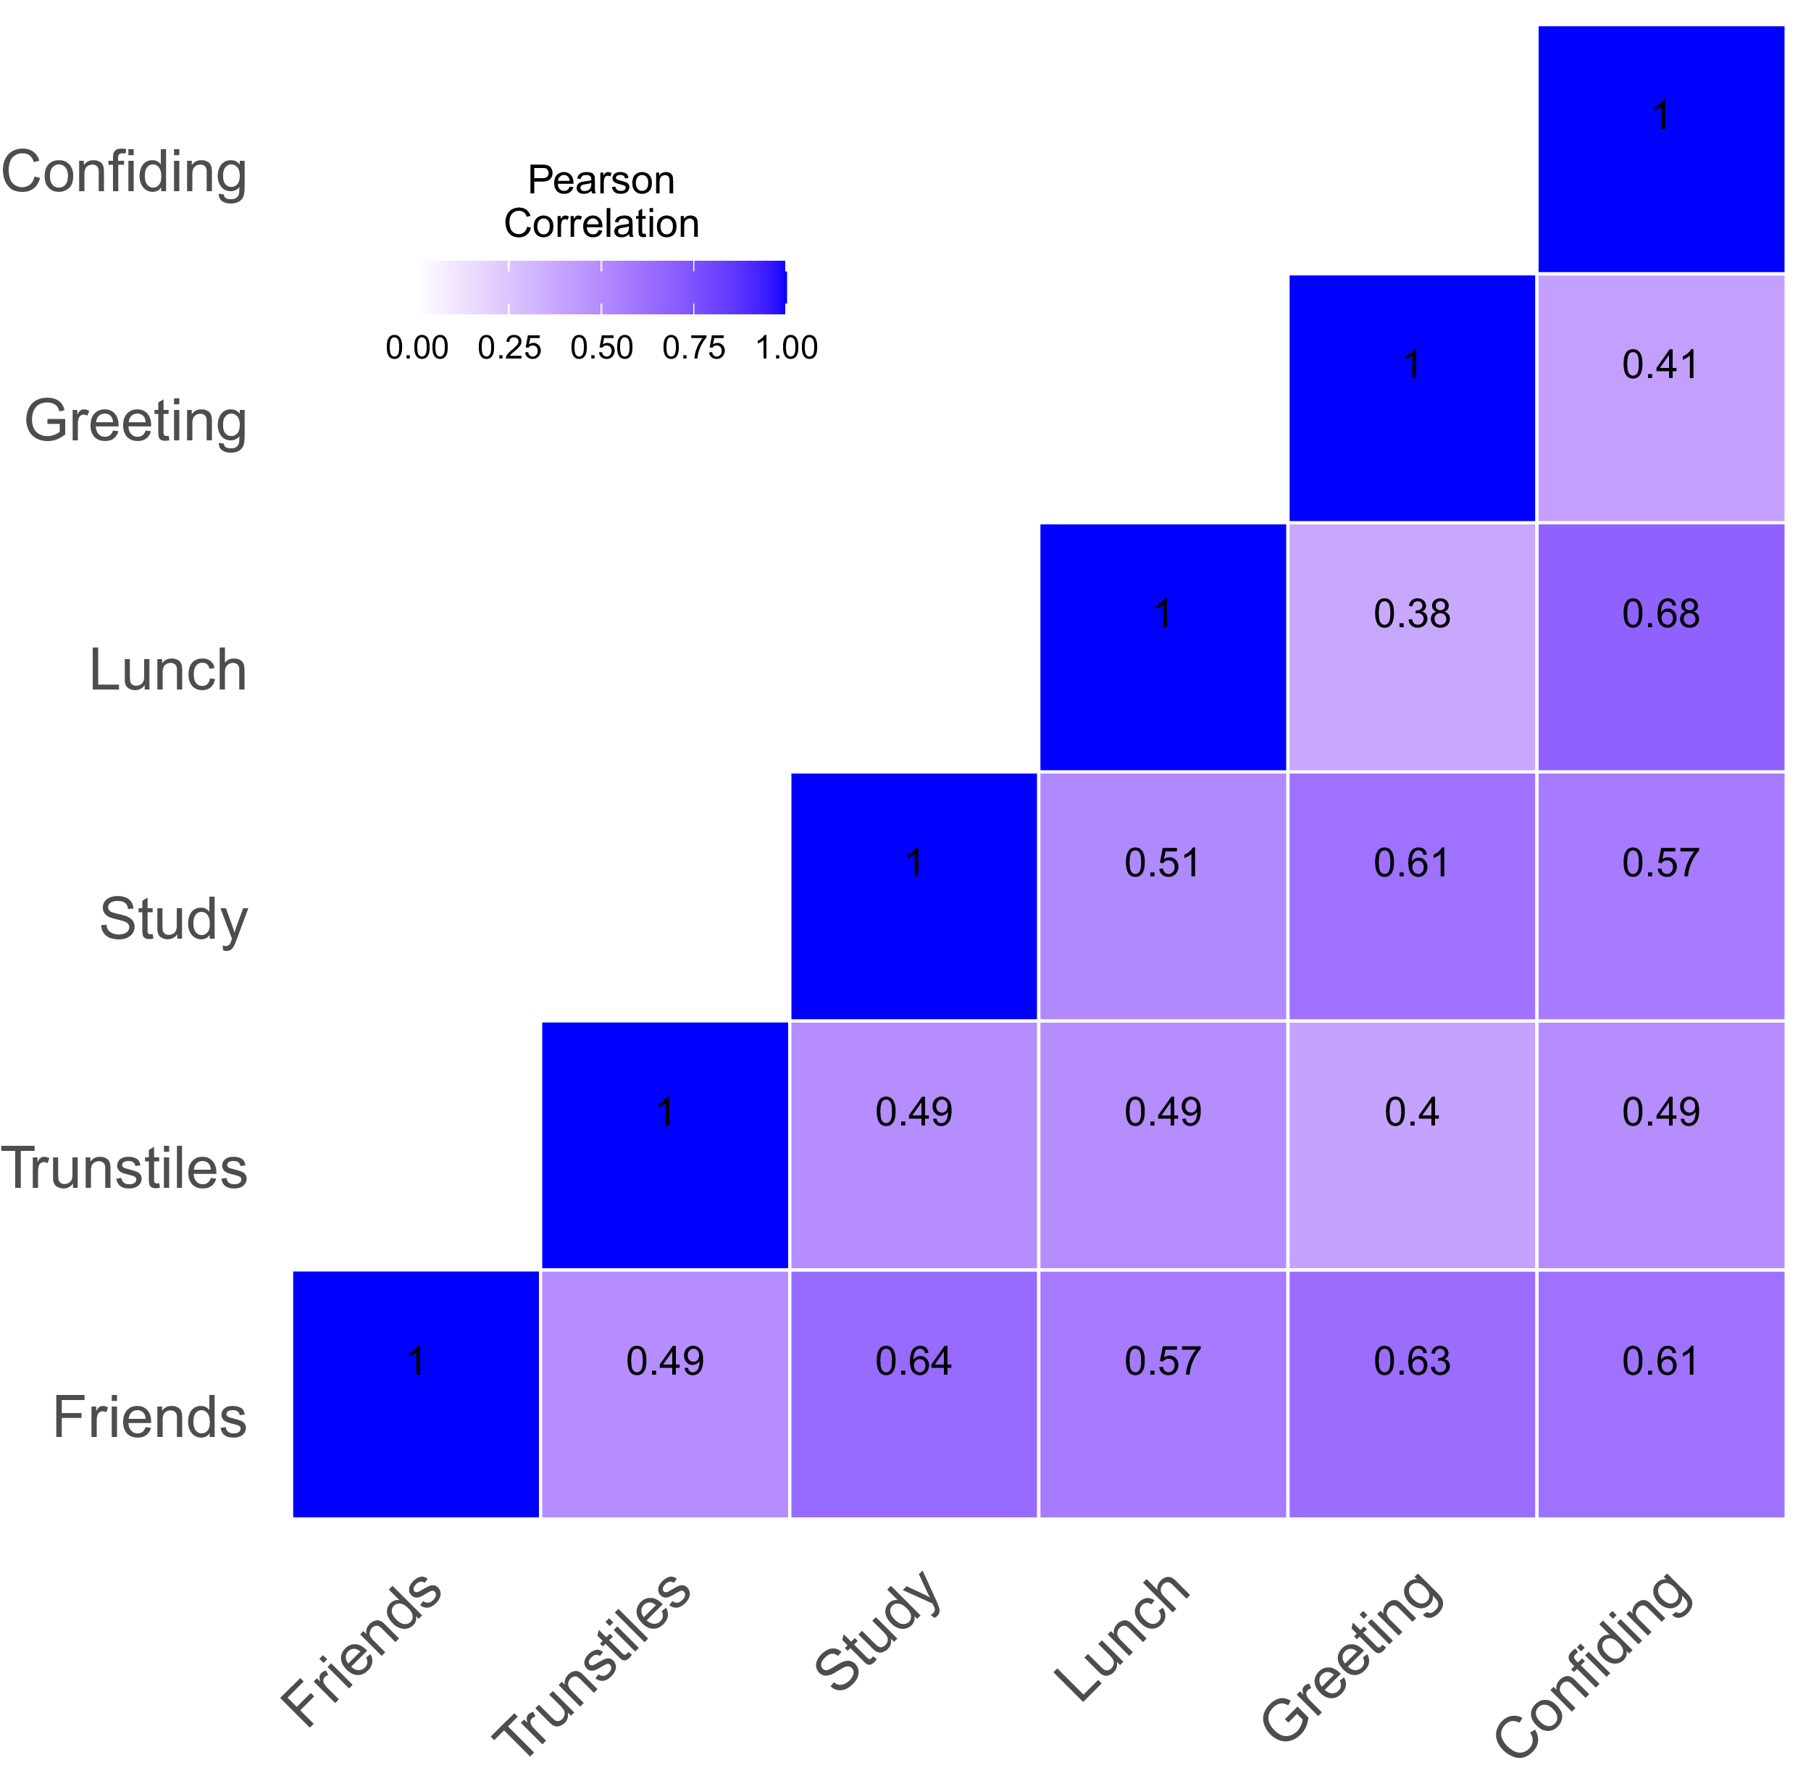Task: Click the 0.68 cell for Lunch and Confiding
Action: pyautogui.click(x=1660, y=646)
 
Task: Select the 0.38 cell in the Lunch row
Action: pyautogui.click(x=1412, y=646)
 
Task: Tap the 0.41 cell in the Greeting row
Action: pyautogui.click(x=1660, y=398)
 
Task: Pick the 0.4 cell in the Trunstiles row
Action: pyautogui.click(x=1412, y=1145)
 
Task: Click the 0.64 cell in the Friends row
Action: pyautogui.click(x=913, y=1394)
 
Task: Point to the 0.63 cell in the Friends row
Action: pyautogui.click(x=1412, y=1394)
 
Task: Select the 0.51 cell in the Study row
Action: pyautogui.click(x=1162, y=895)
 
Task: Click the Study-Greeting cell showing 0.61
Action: pyautogui.click(x=1412, y=895)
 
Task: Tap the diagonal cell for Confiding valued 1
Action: pyautogui.click(x=1660, y=148)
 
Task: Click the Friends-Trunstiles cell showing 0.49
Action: pyautogui.click(x=664, y=1394)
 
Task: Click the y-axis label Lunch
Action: pyautogui.click(x=168, y=670)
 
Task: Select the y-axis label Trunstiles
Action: pyautogui.click(x=125, y=1168)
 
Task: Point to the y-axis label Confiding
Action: pyautogui.click(x=125, y=172)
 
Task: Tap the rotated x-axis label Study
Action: pyautogui.click(x=877, y=1633)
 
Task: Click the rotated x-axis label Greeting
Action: pyautogui.click(x=1352, y=1656)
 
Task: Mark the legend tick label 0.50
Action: pyautogui.click(x=601, y=348)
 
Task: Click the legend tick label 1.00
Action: pyautogui.click(x=787, y=348)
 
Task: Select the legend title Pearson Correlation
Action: pyautogui.click(x=601, y=201)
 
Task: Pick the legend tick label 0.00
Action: pyautogui.click(x=417, y=348)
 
